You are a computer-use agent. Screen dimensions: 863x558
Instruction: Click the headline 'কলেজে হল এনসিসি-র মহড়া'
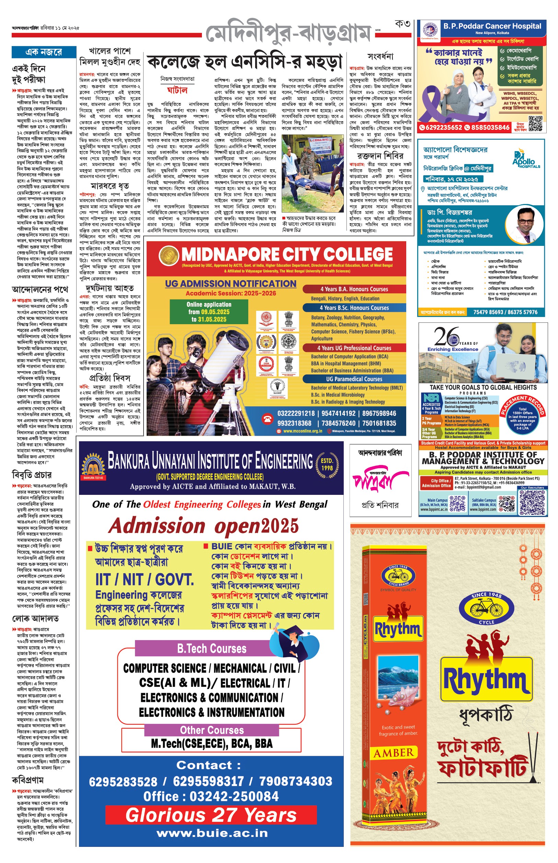click(245, 62)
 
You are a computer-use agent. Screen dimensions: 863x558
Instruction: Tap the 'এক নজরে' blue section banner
click(44, 52)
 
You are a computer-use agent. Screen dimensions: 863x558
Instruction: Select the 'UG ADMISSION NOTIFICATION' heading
click(230, 284)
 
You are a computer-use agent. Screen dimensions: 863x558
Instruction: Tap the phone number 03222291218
click(296, 413)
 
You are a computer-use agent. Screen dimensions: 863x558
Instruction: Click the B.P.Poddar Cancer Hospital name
click(492, 26)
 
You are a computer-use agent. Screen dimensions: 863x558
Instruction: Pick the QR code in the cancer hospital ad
click(536, 124)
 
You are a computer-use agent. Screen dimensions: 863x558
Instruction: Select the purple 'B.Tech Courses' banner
click(212, 649)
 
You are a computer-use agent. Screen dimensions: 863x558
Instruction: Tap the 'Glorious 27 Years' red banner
click(211, 815)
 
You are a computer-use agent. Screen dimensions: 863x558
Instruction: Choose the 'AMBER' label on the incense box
click(393, 753)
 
